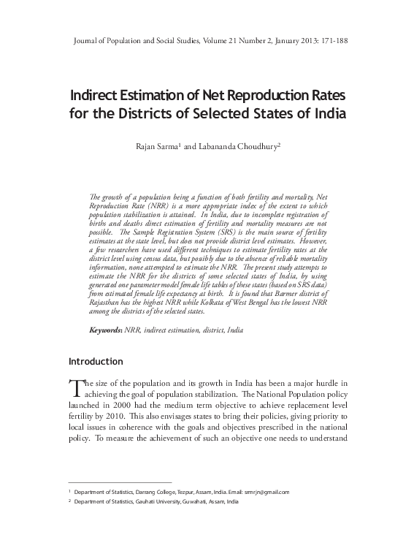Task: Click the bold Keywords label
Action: pos(105,330)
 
